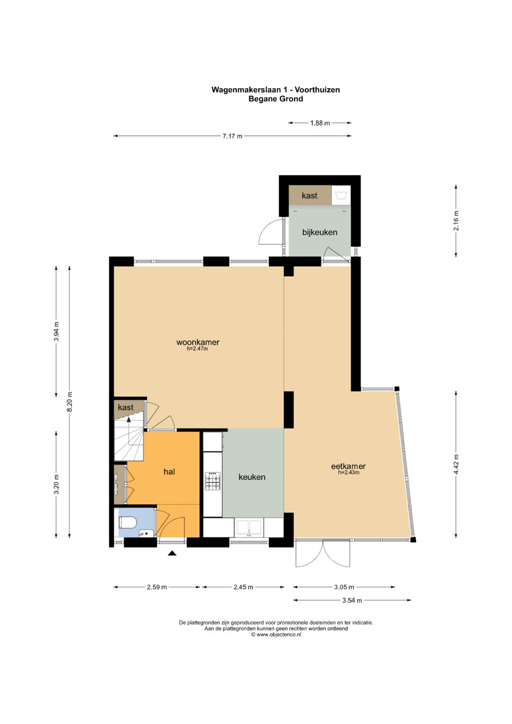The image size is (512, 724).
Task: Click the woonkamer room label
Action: point(198,342)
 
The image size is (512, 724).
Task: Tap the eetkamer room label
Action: point(348,466)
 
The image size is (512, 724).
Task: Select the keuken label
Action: point(252,477)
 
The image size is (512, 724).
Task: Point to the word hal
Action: point(169,472)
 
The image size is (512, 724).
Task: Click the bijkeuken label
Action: point(320,232)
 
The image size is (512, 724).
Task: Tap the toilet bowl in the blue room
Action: point(128,522)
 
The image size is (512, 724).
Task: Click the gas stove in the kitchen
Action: point(213,481)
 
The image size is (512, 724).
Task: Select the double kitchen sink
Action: point(249,528)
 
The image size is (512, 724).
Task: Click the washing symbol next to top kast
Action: point(341,195)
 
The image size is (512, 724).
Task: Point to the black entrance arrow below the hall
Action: point(172,553)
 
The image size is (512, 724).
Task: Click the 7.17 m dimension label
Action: point(232,136)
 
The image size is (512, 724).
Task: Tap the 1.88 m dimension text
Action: point(320,123)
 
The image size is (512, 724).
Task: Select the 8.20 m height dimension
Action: point(70,402)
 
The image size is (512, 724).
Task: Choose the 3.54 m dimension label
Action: point(352,600)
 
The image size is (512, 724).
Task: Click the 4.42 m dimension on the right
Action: point(456,464)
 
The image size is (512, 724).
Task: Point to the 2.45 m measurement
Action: point(243,587)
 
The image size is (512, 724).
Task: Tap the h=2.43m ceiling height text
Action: point(348,472)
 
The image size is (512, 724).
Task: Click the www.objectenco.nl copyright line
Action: point(276,634)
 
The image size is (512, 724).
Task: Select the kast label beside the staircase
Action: point(126,407)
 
